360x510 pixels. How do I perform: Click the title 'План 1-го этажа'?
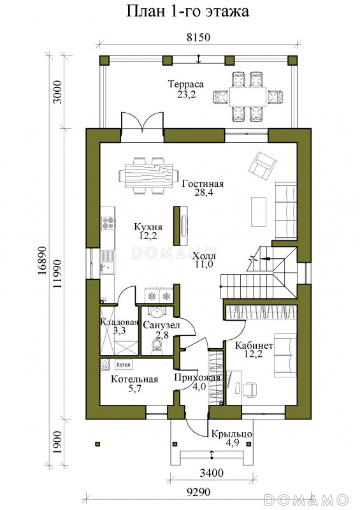pos(187,11)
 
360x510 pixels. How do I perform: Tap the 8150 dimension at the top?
pos(198,37)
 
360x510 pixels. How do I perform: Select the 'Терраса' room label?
pos(185,84)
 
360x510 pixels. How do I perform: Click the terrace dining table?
pos(247,96)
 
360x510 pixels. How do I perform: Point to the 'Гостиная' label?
pos(203,184)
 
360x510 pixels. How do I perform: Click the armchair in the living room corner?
pos(263,166)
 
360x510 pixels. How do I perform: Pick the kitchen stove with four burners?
pos(108,222)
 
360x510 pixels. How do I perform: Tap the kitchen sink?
pos(107,268)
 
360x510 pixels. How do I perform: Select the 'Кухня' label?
pos(148,227)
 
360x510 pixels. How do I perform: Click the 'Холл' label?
pos(204,256)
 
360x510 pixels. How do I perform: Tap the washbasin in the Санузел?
pos(157,312)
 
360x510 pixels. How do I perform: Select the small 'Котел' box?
pos(123,365)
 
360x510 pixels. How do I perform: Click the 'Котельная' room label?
pos(134,379)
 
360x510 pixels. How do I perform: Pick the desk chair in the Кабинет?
pos(250,389)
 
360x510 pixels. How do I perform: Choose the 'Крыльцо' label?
pos(231,434)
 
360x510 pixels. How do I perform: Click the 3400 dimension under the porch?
pos(212,472)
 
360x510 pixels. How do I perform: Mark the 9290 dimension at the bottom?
pos(198,492)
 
